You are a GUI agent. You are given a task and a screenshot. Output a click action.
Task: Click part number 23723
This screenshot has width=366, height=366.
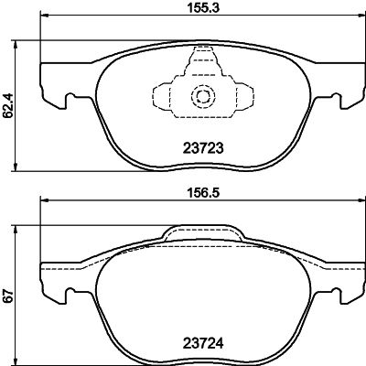[199, 145]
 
